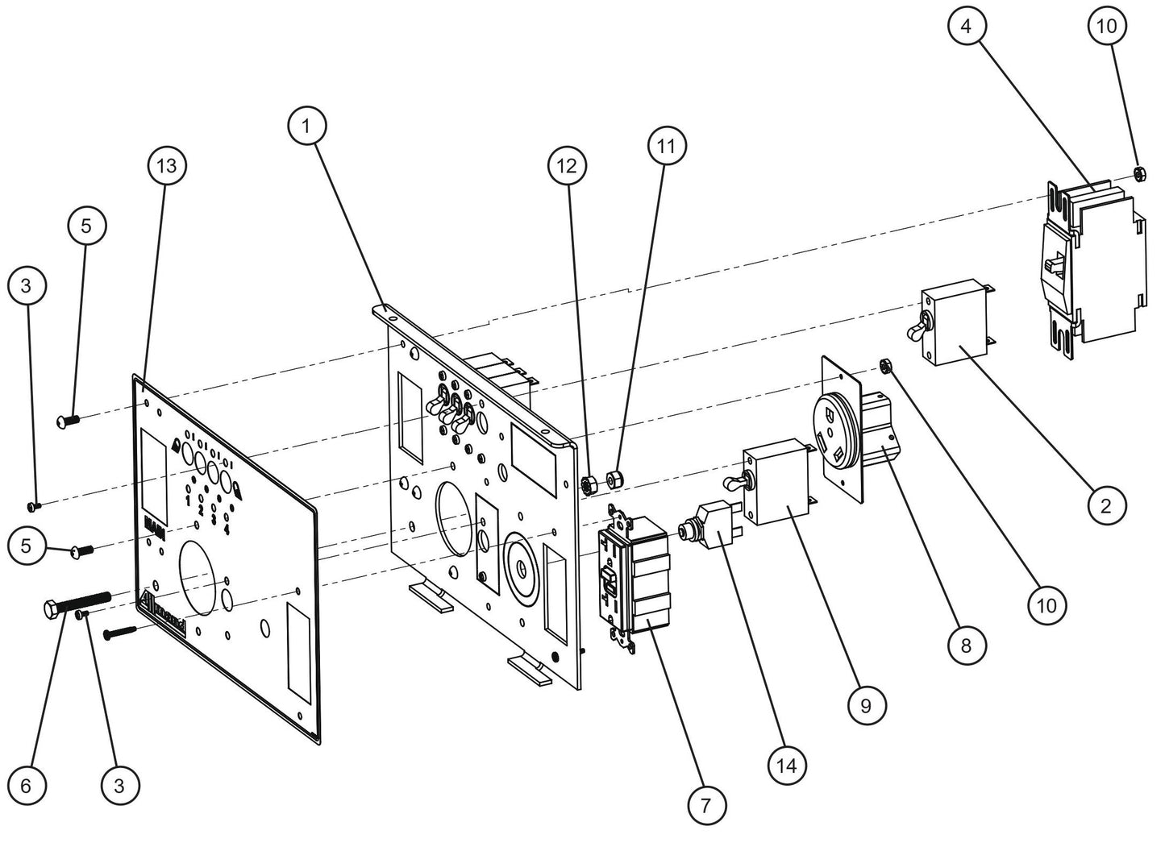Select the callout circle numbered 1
pos(306,126)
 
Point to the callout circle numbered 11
pos(666,146)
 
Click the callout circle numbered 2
pos(1105,506)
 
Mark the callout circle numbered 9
pos(866,706)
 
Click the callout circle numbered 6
pos(26,785)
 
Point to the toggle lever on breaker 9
pos(733,483)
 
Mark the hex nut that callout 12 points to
pos(588,484)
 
